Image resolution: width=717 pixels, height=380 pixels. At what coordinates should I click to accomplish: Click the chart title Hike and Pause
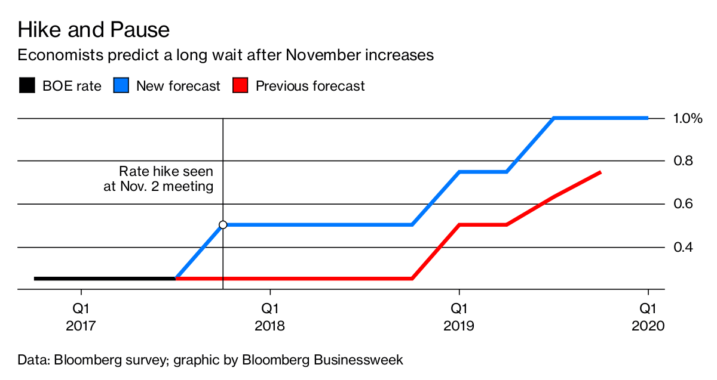(x=93, y=30)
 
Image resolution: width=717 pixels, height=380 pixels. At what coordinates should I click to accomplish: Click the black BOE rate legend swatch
(x=27, y=86)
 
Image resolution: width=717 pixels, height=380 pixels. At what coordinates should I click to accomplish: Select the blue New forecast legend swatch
(x=121, y=86)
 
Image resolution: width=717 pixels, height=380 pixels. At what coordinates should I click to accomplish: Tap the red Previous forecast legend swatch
(x=240, y=86)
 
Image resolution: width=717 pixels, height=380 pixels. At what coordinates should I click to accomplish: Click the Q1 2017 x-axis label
(x=81, y=317)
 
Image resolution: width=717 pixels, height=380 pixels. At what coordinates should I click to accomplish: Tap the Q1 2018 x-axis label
(x=270, y=317)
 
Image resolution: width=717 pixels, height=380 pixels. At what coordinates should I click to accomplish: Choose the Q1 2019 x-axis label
(x=459, y=317)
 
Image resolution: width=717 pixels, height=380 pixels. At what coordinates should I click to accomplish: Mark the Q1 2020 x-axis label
(x=648, y=317)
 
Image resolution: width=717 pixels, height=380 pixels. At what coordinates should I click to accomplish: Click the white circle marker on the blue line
(x=223, y=225)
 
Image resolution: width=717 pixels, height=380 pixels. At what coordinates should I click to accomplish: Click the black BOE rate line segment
(x=105, y=279)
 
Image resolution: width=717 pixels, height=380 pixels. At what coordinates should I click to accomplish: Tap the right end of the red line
(x=600, y=172)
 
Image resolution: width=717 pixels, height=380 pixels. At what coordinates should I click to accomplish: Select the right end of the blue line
(x=647, y=118)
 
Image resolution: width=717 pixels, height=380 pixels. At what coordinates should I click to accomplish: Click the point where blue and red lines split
(x=176, y=278)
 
